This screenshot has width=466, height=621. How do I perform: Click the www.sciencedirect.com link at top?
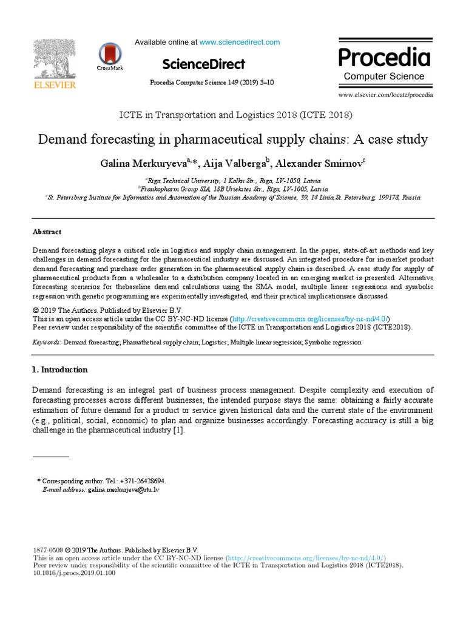240,42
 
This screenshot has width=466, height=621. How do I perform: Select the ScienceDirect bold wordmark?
204,64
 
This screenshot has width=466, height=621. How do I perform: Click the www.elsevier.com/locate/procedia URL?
385,95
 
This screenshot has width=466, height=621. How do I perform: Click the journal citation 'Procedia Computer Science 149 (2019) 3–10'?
211,82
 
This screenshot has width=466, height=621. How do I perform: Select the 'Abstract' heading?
46,232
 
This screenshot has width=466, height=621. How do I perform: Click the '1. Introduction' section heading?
59,369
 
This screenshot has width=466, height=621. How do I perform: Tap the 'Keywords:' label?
47,342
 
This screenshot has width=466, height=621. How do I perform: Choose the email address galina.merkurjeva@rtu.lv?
124,488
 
